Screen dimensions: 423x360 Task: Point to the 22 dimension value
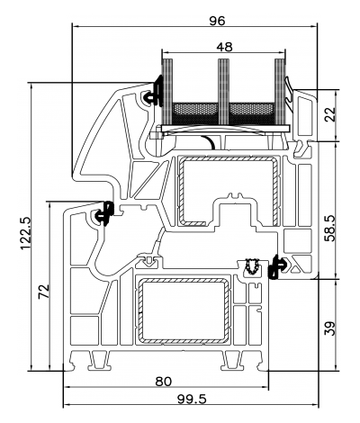tap(329, 114)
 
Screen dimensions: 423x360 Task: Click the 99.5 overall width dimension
tap(187, 399)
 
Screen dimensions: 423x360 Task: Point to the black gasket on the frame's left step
tap(103, 214)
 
